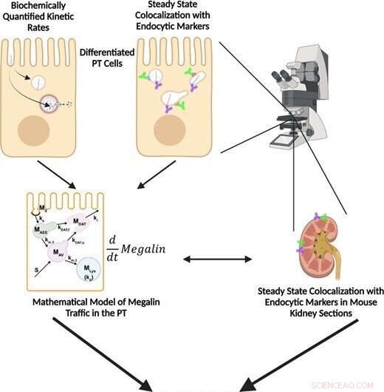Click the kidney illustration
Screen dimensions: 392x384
[x=323, y=248]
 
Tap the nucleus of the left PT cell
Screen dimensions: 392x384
[x=35, y=132]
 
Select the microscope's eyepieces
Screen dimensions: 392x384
[x=281, y=76]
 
